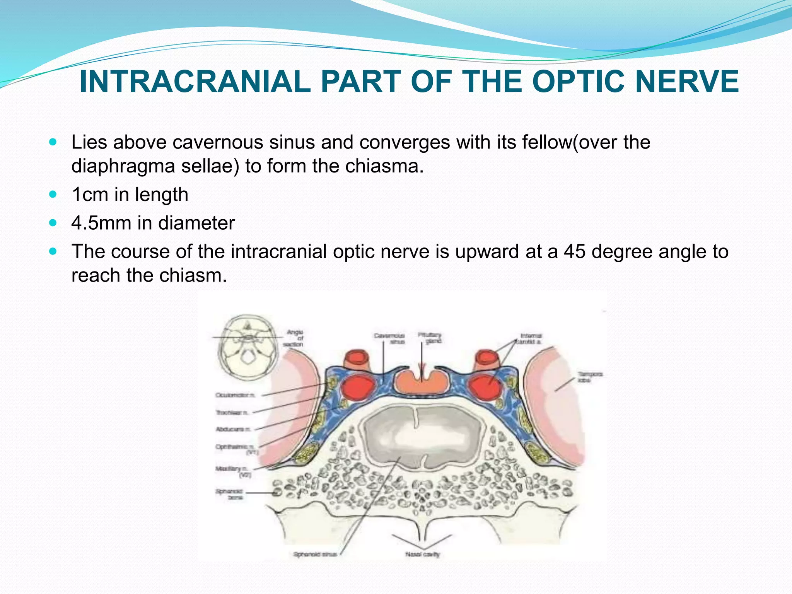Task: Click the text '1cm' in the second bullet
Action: [90, 194]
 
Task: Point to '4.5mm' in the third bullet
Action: [101, 223]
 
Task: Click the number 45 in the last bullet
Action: [575, 251]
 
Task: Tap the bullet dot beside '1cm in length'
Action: [53, 194]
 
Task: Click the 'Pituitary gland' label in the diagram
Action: [429, 338]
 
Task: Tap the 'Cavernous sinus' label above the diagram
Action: [389, 338]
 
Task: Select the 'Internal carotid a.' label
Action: [531, 339]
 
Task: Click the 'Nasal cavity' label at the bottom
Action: [423, 554]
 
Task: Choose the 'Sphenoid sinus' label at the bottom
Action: [315, 554]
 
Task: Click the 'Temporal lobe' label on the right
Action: [590, 377]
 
